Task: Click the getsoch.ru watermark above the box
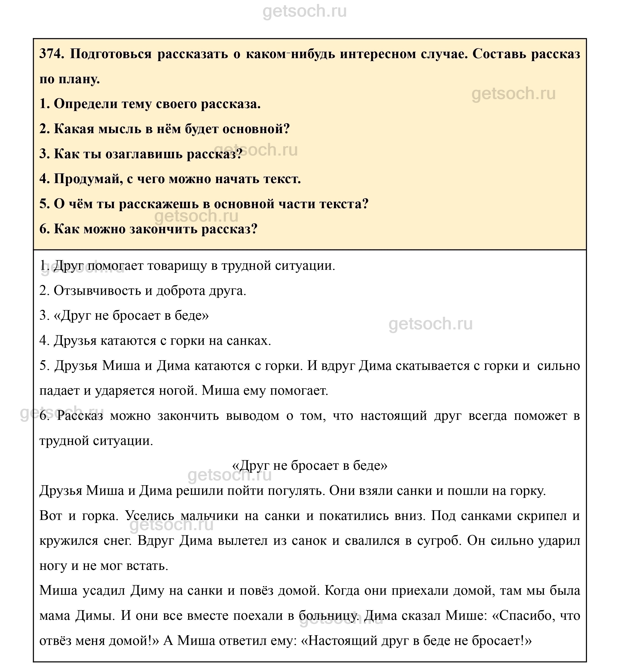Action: click(x=304, y=11)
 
